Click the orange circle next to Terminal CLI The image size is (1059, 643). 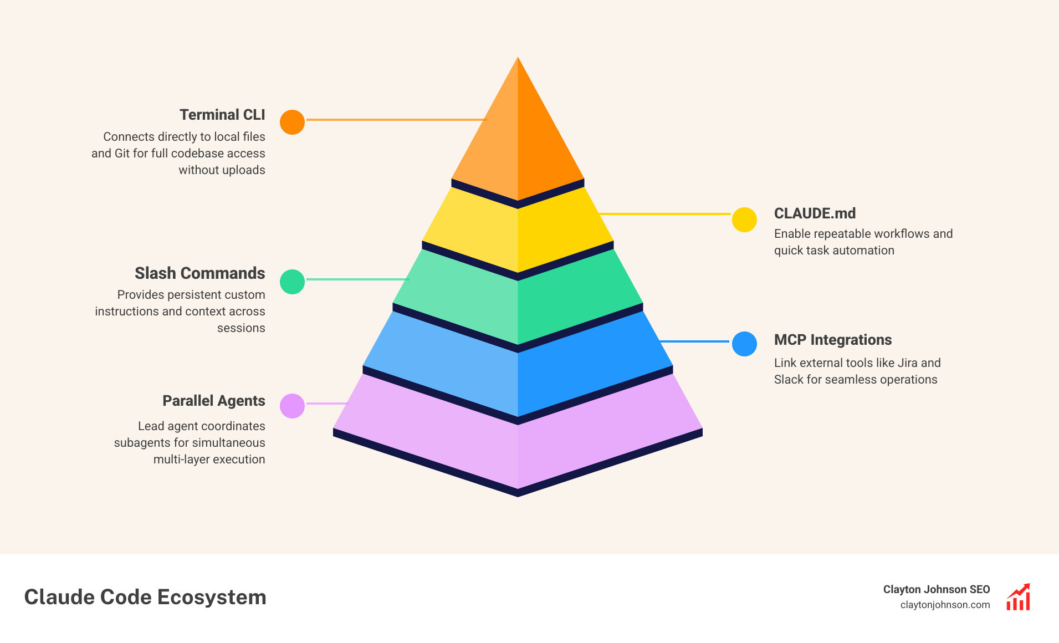coord(292,122)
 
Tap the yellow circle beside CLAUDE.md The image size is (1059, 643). coord(744,220)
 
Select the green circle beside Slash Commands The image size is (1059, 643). coord(292,282)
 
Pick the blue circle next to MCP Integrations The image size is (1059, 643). coord(744,344)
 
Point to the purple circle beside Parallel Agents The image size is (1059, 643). coord(292,406)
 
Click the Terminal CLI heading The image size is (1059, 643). coord(222,115)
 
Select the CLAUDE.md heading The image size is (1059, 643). coord(815,213)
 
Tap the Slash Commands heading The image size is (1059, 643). coord(199,273)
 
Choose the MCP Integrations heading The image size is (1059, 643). coord(832,340)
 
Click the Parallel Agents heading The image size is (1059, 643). coord(213,401)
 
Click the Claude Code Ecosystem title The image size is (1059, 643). coord(145,597)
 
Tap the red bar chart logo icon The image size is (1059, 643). coord(1018,597)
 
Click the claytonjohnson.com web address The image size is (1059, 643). coord(945,605)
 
